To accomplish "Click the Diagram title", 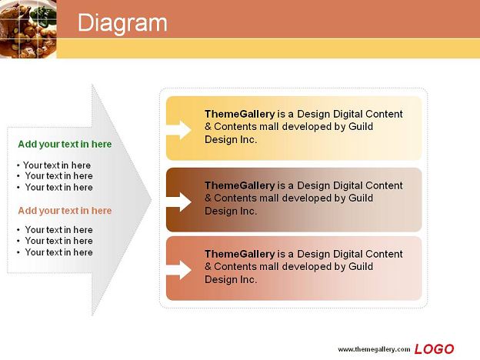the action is point(122,23).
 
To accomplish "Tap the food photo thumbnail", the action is point(28,28).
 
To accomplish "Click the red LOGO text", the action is point(434,349).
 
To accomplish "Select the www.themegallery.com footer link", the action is point(374,349).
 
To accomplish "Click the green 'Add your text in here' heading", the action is point(65,144).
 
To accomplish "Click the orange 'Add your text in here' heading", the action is point(65,210).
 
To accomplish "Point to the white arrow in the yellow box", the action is point(178,130).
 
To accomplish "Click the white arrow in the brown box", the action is point(178,202).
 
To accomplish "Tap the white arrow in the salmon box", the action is point(178,270).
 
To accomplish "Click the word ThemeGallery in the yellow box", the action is point(240,114).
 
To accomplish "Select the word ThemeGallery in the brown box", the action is point(240,185).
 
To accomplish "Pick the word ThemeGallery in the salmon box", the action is point(240,254).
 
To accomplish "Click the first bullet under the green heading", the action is point(54,165).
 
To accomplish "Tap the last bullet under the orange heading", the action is point(55,252).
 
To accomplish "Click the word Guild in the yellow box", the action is point(361,126).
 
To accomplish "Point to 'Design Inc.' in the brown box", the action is point(231,211).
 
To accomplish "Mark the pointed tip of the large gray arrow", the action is point(152,200).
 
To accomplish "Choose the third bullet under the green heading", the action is point(55,187).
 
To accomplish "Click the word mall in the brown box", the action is point(268,198).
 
